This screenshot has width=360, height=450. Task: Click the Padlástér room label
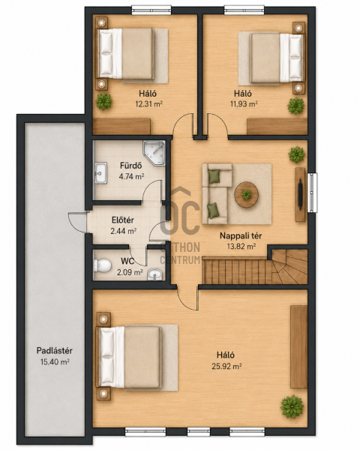click(x=54, y=350)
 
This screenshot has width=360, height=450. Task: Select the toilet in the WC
click(x=102, y=265)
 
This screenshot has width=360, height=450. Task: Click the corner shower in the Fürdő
click(x=154, y=153)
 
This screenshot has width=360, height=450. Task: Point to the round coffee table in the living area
click(x=246, y=195)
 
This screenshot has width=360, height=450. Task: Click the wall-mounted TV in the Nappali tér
click(x=300, y=194)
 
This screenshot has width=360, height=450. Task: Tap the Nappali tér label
click(x=241, y=235)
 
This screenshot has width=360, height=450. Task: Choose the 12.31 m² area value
click(x=149, y=103)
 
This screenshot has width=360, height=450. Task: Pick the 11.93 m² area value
click(x=244, y=103)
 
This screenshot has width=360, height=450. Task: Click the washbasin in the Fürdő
click(x=100, y=172)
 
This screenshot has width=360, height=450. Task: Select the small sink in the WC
click(x=155, y=274)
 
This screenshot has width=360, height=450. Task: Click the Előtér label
click(x=122, y=220)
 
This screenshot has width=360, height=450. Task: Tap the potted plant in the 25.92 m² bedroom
click(x=292, y=406)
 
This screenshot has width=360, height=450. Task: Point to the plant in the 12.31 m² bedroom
click(x=103, y=101)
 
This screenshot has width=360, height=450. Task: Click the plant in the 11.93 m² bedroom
click(x=296, y=106)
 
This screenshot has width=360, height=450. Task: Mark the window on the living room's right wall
click(x=312, y=193)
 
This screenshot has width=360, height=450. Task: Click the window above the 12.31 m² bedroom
click(x=151, y=10)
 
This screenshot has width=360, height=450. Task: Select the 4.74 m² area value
click(x=131, y=176)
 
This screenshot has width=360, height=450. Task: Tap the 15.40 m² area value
click(x=55, y=361)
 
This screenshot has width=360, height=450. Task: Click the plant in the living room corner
click(x=296, y=154)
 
